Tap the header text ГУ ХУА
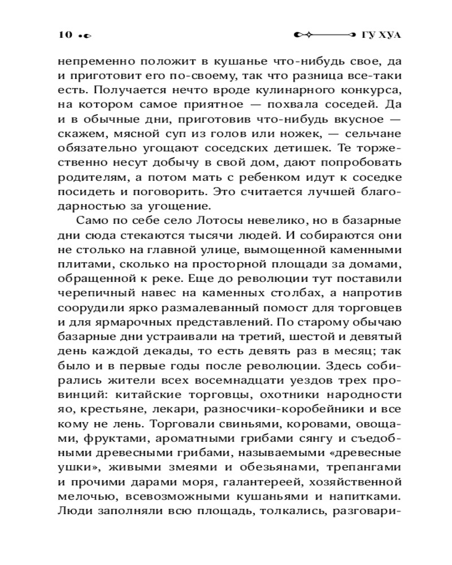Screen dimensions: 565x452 pyautogui.click(x=380, y=35)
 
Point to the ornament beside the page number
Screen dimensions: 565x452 pyautogui.click(x=85, y=36)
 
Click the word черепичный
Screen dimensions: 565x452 pyautogui.click(x=92, y=292)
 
